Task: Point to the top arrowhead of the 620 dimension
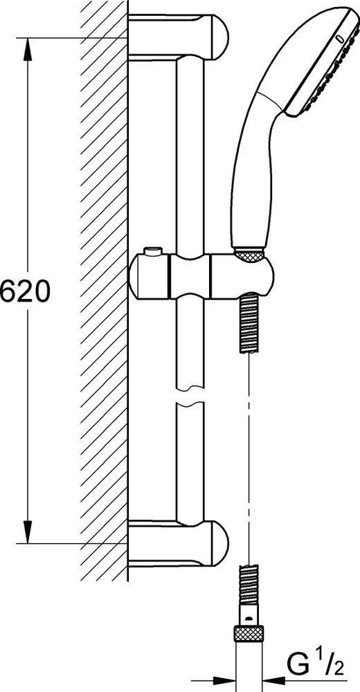point(28,46)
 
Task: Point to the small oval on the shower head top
point(338,37)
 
